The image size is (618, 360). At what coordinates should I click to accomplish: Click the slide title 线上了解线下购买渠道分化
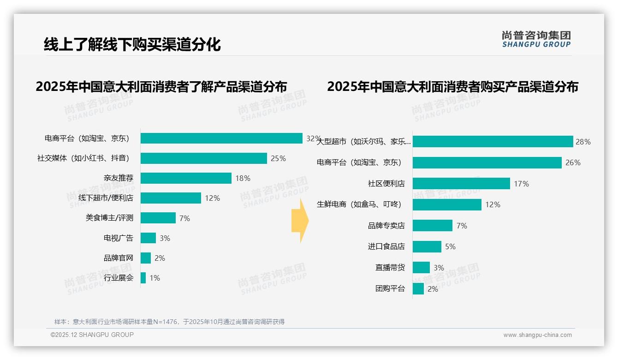[x=132, y=45]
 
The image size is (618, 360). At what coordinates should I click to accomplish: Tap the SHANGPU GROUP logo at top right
[x=536, y=39]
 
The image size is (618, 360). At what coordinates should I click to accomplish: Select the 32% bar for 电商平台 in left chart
[x=221, y=138]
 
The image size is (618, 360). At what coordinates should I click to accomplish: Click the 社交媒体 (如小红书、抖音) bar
[x=203, y=158]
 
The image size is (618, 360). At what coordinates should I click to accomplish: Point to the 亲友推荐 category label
[x=118, y=178]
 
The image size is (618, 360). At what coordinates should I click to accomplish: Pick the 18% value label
[x=243, y=178]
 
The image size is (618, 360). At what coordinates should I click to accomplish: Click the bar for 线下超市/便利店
[x=171, y=198]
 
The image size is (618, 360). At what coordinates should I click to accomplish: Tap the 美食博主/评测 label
[x=109, y=218]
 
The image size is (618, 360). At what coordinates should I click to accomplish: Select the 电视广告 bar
[x=148, y=238]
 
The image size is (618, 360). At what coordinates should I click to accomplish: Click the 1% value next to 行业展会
[x=154, y=278]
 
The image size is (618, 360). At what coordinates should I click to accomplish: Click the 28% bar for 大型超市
[x=493, y=142]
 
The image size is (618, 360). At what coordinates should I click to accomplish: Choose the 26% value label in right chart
[x=573, y=162]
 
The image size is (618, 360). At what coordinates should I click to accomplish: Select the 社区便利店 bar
[x=461, y=184]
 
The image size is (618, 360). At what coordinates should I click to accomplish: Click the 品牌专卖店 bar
[x=432, y=226]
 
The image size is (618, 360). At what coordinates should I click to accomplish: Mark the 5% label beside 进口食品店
[x=450, y=246]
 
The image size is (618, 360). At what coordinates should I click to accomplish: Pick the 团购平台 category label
[x=390, y=289]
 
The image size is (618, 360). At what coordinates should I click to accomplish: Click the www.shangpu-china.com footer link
[x=537, y=335]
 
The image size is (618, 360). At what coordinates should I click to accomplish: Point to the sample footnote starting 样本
[x=169, y=322]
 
